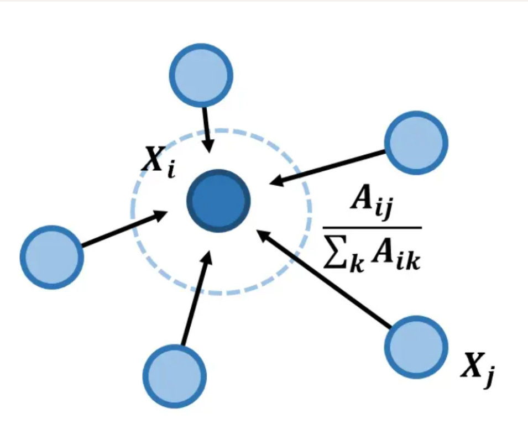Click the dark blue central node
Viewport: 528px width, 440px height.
click(x=219, y=200)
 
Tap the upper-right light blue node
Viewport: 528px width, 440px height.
click(x=415, y=143)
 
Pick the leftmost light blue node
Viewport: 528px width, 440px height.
click(x=52, y=256)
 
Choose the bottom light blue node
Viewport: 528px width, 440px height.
click(x=175, y=376)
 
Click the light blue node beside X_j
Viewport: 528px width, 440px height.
click(x=415, y=347)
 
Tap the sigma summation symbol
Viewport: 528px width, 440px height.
click(x=333, y=256)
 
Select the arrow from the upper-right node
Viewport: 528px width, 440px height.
click(x=326, y=166)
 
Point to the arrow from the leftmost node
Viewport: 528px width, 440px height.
click(x=124, y=228)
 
